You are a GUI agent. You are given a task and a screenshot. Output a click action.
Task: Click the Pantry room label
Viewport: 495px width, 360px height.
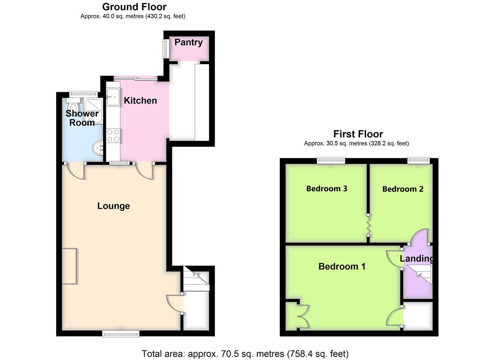click(x=188, y=43)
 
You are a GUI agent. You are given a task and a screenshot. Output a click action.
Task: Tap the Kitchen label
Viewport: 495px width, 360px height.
click(x=140, y=101)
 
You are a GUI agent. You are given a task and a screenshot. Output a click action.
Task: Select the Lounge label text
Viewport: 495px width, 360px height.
click(x=114, y=206)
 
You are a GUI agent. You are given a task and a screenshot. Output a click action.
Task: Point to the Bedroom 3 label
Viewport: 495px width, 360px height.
click(x=327, y=189)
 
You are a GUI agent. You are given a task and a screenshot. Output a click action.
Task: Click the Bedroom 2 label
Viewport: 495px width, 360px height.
click(x=403, y=189)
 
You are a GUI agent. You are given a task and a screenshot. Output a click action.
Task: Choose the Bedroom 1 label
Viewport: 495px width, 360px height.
click(x=342, y=266)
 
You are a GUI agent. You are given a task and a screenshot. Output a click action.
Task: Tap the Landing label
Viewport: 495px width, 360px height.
click(x=416, y=259)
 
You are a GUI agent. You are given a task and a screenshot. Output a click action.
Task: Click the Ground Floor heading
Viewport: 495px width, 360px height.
click(x=134, y=7)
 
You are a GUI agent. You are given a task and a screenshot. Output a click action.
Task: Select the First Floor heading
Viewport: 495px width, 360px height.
click(x=358, y=134)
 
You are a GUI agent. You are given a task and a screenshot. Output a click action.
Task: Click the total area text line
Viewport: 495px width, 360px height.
click(x=245, y=354)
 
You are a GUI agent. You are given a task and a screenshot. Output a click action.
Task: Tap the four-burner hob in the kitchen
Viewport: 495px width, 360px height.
click(x=113, y=136)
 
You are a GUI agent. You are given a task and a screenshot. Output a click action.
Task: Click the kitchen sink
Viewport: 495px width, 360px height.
click(x=113, y=97)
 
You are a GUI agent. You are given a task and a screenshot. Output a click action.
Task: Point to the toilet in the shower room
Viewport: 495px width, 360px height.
click(x=73, y=106)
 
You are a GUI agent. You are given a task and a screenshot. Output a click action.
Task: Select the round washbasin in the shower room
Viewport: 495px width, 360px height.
click(x=98, y=147)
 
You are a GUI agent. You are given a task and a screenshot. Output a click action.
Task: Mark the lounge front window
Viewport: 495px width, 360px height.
click(x=121, y=334)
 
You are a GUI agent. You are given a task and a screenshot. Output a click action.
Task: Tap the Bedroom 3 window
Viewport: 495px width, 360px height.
click(x=331, y=160)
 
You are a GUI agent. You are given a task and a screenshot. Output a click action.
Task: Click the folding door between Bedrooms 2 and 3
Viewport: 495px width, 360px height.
click(x=368, y=225)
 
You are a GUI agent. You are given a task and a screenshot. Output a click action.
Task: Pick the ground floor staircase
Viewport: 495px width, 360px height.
click(x=196, y=279)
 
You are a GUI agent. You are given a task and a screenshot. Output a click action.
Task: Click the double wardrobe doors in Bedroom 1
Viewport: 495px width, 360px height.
click(x=303, y=316)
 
